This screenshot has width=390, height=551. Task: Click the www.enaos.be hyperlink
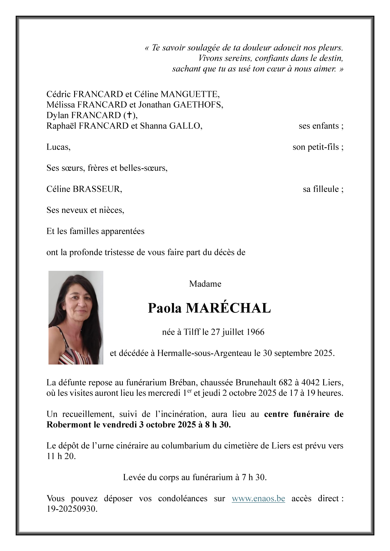click(x=258, y=498)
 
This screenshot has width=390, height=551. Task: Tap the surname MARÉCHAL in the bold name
click(x=228, y=308)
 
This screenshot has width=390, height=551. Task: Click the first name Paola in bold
click(x=165, y=308)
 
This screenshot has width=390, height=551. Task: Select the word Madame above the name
click(x=205, y=284)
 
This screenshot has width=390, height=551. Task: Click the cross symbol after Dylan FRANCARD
click(x=129, y=115)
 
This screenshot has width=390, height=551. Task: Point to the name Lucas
click(x=58, y=147)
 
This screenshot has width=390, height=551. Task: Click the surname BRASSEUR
click(x=97, y=189)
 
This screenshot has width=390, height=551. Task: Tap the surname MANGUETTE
click(x=190, y=94)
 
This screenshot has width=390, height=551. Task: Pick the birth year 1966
click(x=255, y=332)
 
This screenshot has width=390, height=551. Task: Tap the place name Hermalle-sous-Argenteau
click(x=204, y=353)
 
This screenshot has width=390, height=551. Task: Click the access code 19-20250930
click(x=72, y=509)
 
